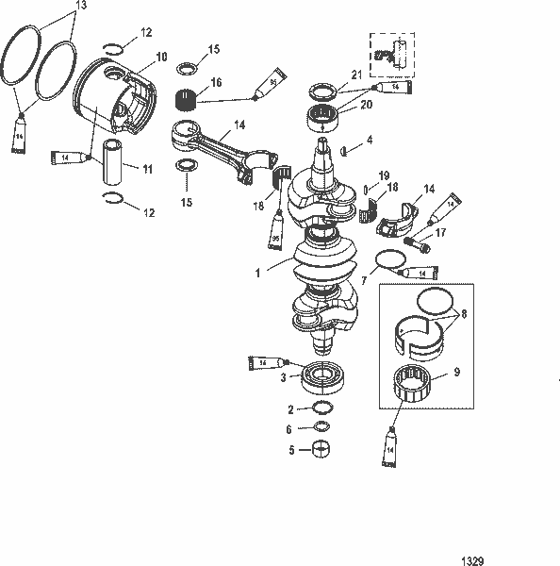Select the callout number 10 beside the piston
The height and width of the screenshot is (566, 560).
point(162,57)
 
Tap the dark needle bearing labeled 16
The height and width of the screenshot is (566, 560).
point(191,97)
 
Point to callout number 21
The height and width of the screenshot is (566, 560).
point(356,75)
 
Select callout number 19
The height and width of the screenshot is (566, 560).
point(384,175)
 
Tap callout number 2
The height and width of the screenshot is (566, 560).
point(291,409)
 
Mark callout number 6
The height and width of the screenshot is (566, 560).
point(291,428)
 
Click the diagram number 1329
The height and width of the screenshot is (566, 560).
point(472,560)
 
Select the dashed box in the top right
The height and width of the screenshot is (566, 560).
point(395,52)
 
